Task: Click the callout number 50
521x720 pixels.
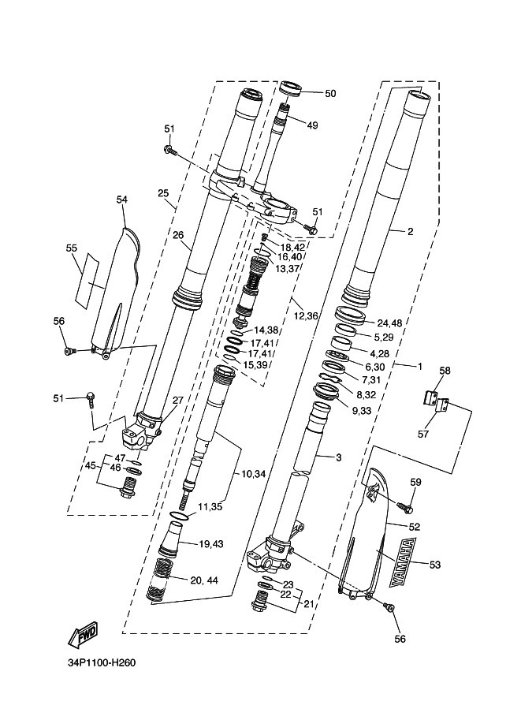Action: [x=330, y=93]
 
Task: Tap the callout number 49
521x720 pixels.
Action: [x=312, y=125]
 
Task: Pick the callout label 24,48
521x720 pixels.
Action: [x=389, y=323]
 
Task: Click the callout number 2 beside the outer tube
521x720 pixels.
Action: [x=411, y=232]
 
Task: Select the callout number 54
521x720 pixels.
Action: [x=121, y=200]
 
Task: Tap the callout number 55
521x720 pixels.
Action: [x=71, y=248]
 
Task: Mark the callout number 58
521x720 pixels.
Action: [x=445, y=371]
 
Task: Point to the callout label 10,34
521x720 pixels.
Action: [x=253, y=474]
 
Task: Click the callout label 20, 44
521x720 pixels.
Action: [x=205, y=580]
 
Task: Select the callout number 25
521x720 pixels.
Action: [x=163, y=192]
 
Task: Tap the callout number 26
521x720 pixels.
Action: [x=177, y=234]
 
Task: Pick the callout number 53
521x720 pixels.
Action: [x=435, y=564]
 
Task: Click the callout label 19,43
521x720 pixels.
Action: [x=211, y=544]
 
